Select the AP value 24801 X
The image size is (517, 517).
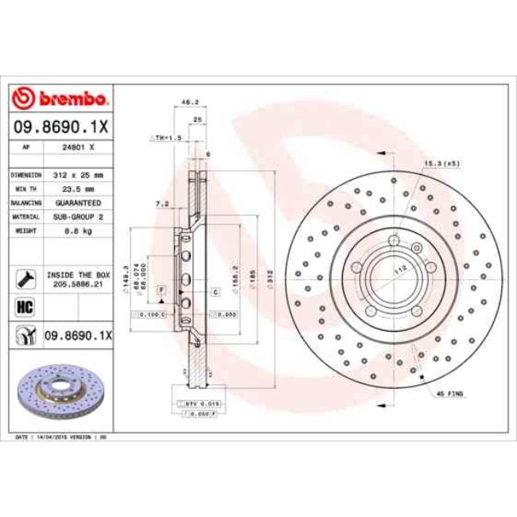click(80, 147)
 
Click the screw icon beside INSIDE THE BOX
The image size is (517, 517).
click(24, 278)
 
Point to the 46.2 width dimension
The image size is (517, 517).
click(190, 103)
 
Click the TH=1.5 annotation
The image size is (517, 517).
click(168, 138)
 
